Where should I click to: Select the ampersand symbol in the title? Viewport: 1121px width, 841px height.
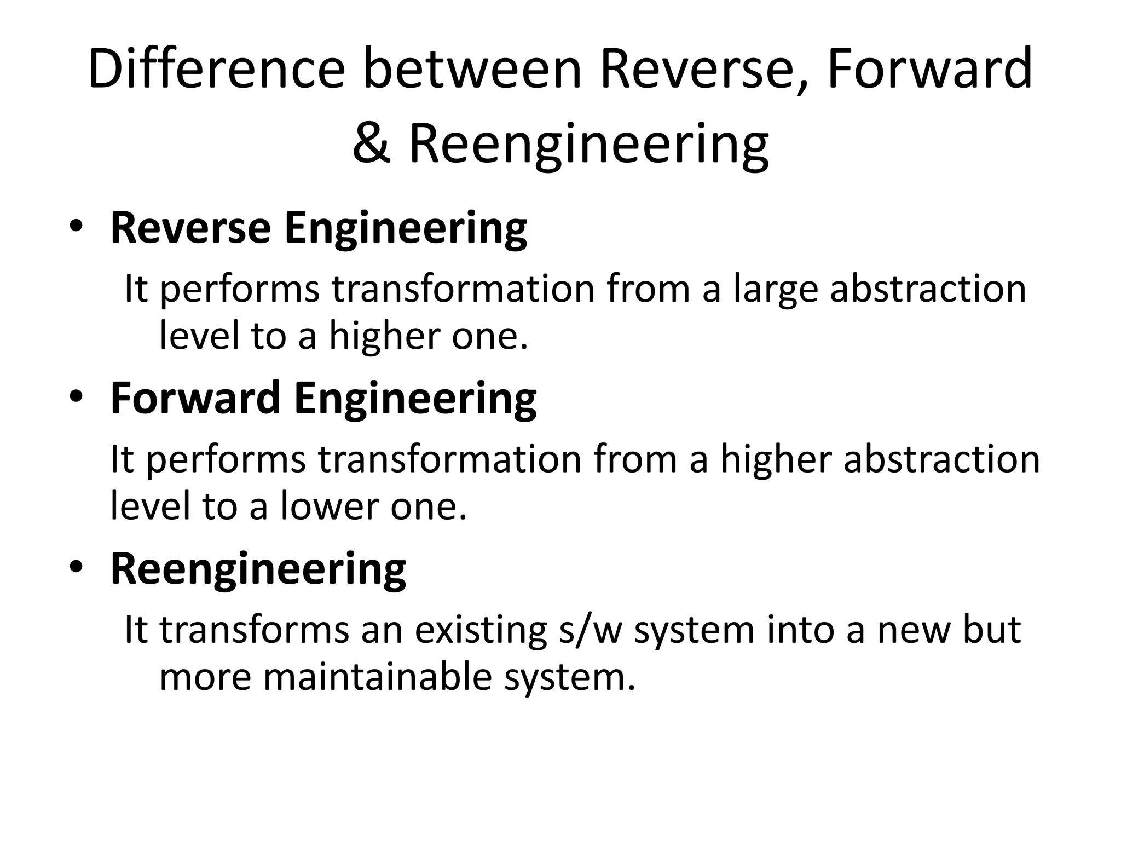[372, 143]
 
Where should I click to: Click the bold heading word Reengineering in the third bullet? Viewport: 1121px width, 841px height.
[258, 569]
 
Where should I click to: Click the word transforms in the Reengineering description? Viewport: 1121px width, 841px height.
[254, 630]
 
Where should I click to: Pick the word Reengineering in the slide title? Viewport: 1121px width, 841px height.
[588, 143]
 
